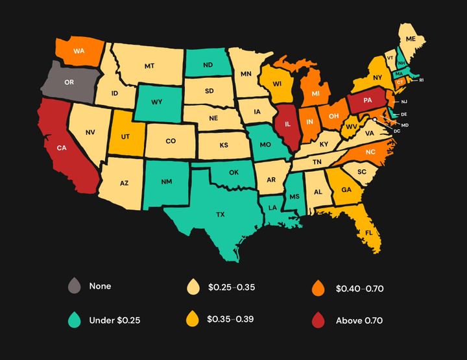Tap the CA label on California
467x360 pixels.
coord(61,148)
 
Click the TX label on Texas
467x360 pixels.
coord(220,213)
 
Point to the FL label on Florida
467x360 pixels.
coord(369,232)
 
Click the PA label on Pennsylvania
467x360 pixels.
coord(368,101)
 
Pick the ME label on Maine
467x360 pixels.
coord(410,40)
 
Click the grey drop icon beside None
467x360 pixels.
coord(75,285)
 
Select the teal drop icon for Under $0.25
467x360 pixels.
coord(75,319)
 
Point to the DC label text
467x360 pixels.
coord(396,131)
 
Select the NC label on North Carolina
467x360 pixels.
coord(370,152)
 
